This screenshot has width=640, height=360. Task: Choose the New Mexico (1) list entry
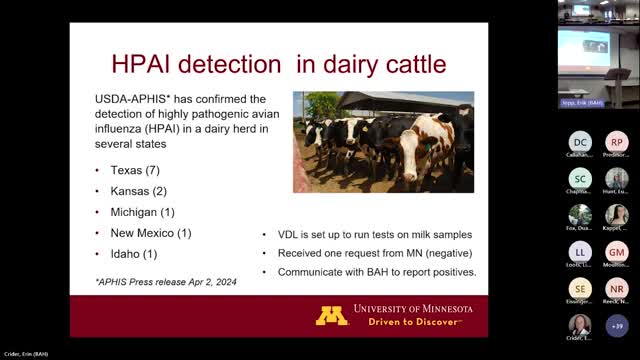pos(157,233)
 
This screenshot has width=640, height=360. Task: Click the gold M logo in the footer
pos(332,315)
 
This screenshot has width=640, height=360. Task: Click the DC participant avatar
pos(580,143)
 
